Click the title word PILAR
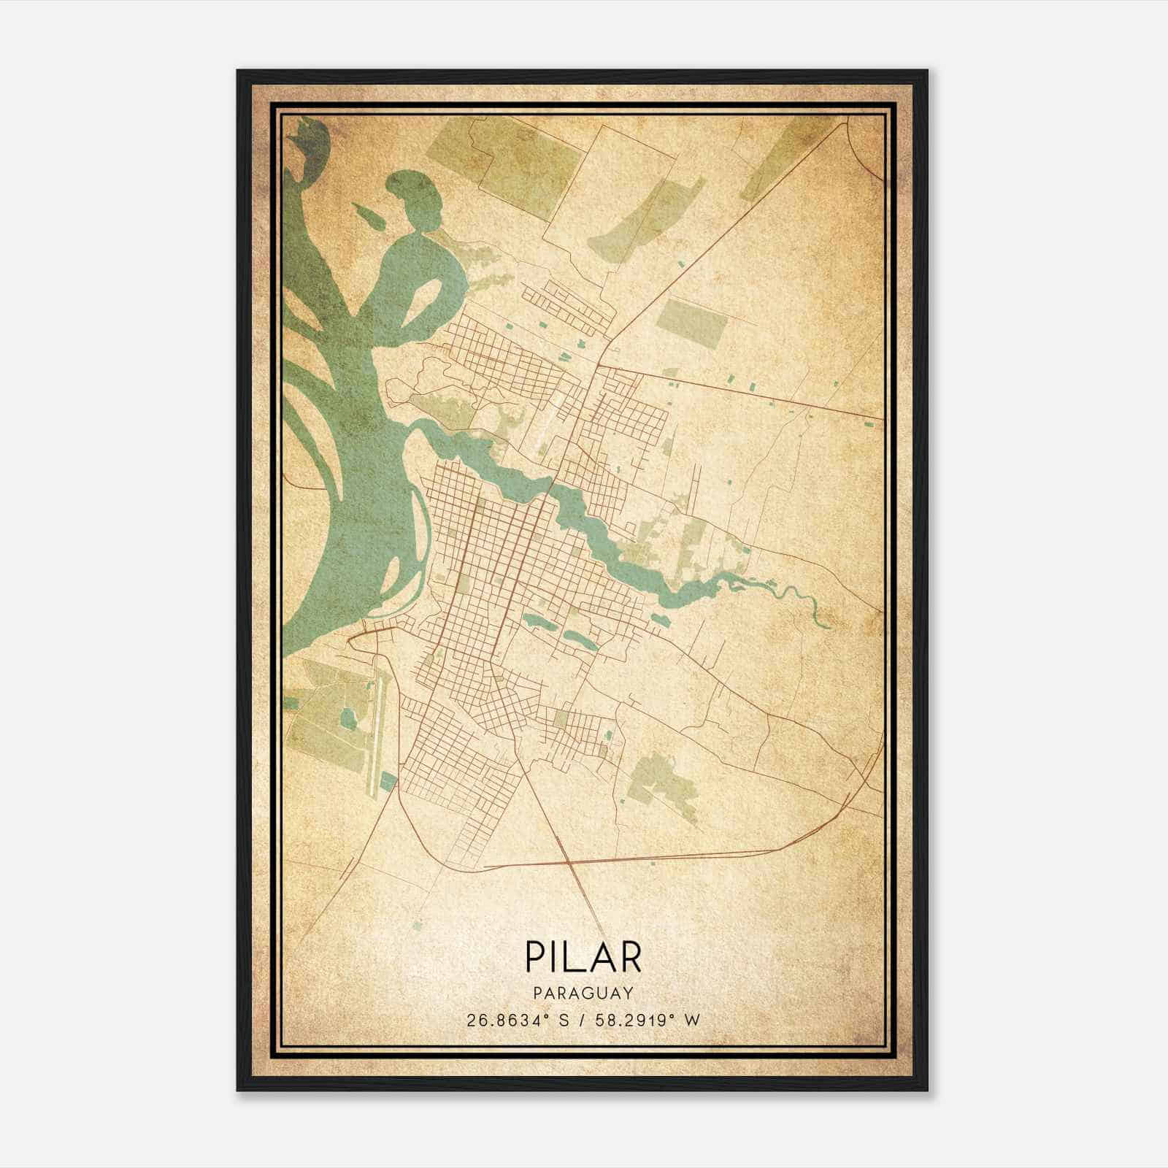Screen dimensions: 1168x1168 click(583, 957)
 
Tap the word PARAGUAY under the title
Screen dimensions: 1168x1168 click(583, 993)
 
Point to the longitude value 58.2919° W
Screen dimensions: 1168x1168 click(646, 1020)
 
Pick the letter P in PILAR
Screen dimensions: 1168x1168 click(534, 957)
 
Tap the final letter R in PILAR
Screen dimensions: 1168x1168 click(630, 957)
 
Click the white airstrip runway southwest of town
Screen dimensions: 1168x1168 click(376, 737)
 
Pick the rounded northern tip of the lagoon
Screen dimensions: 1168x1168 click(413, 182)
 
